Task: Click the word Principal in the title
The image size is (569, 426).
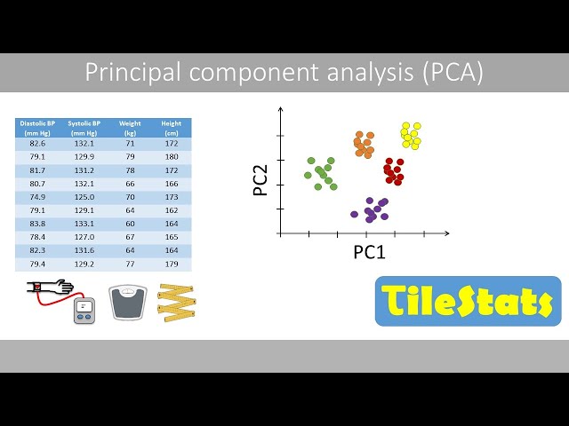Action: (x=124, y=73)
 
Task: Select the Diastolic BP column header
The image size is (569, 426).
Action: (x=37, y=127)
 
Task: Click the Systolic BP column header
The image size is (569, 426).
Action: (x=84, y=127)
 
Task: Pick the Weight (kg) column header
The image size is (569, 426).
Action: (x=130, y=127)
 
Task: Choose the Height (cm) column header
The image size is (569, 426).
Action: (x=171, y=127)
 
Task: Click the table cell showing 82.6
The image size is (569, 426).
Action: (x=37, y=143)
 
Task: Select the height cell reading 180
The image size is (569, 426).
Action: (x=171, y=156)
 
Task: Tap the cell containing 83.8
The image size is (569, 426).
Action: (x=37, y=224)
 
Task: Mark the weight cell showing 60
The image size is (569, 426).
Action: (x=130, y=224)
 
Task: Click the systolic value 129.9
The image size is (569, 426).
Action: (x=84, y=156)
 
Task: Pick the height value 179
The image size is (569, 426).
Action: (x=171, y=264)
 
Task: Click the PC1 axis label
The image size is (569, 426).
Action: (x=369, y=252)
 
